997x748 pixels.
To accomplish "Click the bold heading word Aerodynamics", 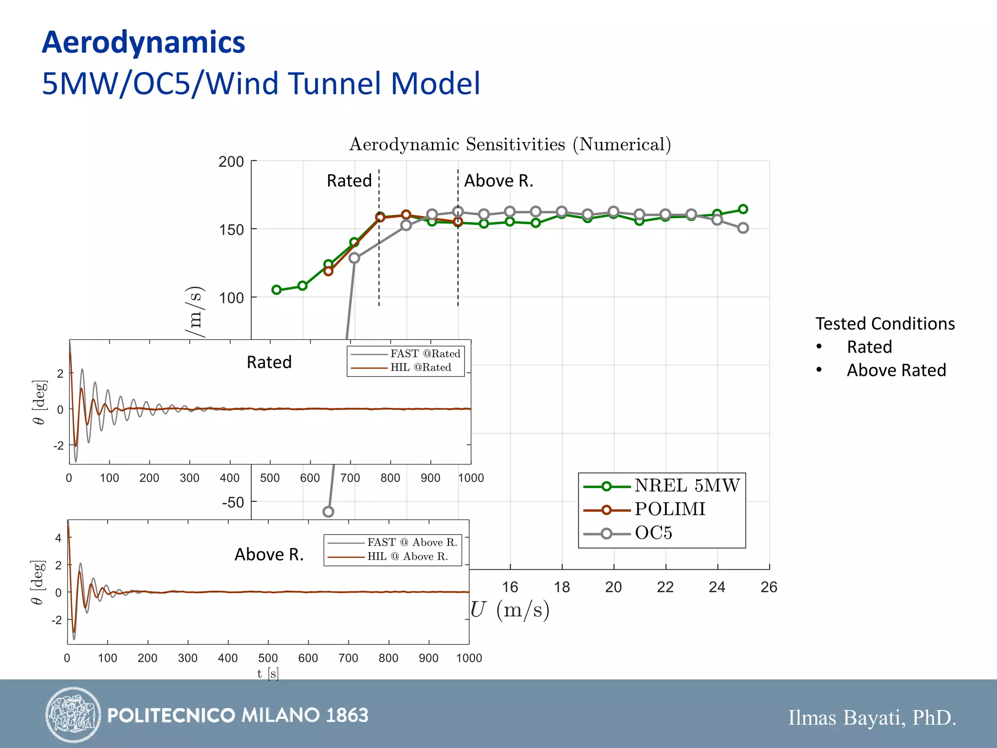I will click(144, 42).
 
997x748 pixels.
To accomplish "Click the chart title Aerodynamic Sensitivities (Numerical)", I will click(510, 145).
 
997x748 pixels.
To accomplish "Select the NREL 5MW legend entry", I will click(686, 486).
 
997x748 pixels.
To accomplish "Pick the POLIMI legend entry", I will click(669, 509).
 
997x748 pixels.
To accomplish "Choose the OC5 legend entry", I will click(653, 533).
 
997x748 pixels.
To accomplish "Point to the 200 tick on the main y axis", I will click(231, 162).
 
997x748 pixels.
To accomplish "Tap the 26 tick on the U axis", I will click(769, 587).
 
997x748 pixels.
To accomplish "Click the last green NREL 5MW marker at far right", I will click(743, 209).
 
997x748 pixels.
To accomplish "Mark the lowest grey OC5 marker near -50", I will click(328, 512).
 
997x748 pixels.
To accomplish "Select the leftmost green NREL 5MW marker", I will click(276, 290).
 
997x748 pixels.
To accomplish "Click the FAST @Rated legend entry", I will click(425, 354).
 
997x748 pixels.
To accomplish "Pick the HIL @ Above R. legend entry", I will click(407, 557).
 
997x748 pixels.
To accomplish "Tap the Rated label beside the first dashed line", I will click(349, 181).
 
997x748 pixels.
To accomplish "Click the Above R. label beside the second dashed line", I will click(498, 181).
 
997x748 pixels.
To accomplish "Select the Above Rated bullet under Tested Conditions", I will click(896, 371).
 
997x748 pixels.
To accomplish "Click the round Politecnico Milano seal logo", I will click(73, 715).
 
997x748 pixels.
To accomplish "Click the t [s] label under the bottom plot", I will click(268, 673).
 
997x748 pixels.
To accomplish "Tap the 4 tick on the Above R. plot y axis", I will click(58, 538).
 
